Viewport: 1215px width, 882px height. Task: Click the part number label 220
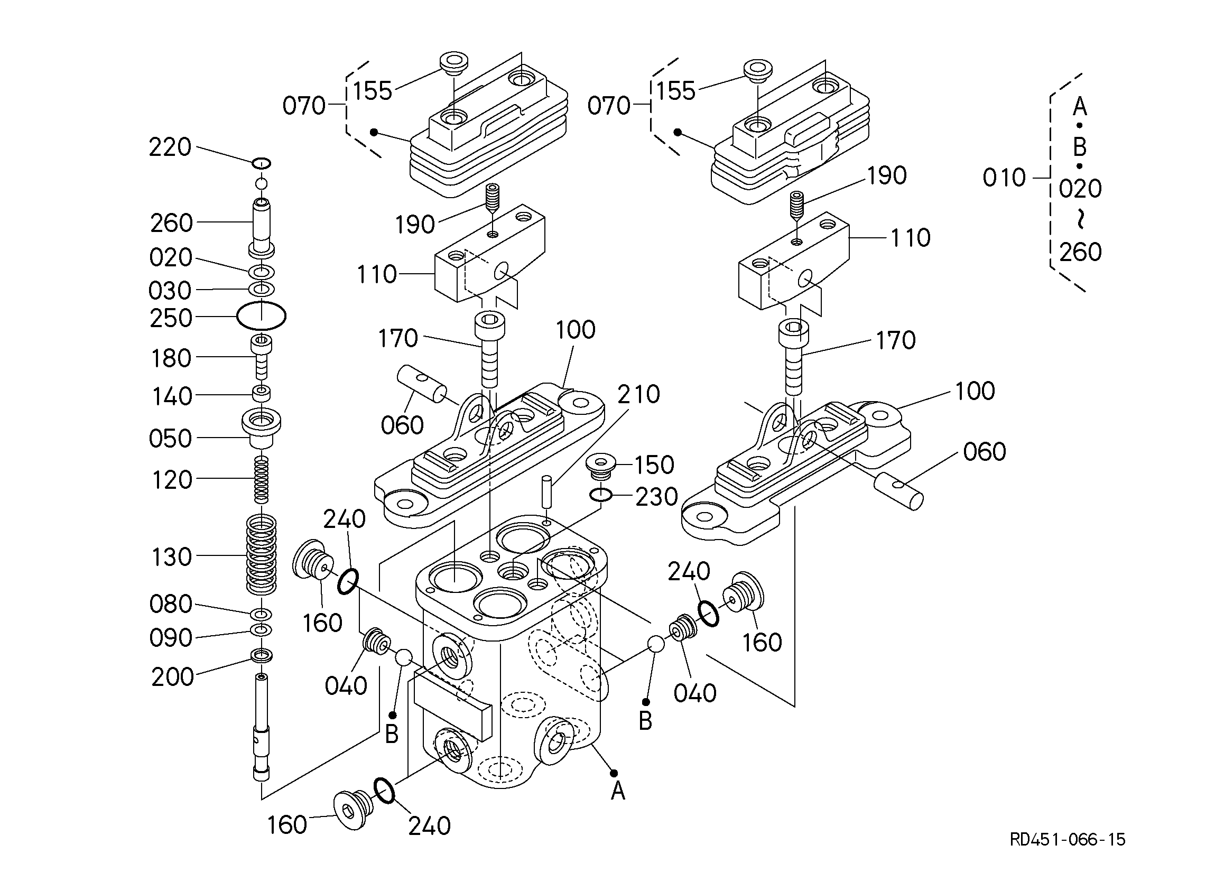169,147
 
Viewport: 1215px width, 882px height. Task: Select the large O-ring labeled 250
262,316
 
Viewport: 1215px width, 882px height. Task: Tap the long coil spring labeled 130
262,554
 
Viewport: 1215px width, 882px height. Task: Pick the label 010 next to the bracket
1004,178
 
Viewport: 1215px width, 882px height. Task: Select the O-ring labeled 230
601,496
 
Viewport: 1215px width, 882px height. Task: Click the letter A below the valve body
618,791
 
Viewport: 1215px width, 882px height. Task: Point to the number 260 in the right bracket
1080,252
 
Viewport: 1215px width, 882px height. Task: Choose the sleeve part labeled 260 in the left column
262,225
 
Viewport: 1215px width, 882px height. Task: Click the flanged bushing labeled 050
262,426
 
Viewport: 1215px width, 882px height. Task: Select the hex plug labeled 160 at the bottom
350,811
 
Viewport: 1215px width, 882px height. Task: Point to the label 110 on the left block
377,274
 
